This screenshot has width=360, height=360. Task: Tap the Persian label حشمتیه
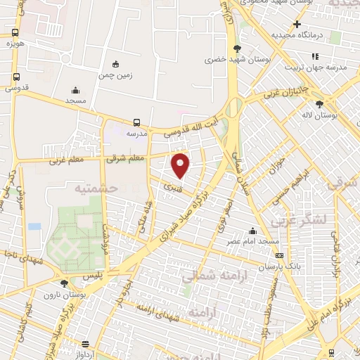tap(94, 188)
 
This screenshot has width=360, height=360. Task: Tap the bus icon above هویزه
tap(15, 33)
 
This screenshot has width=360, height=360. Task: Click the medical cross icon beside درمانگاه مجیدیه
tap(297, 25)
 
